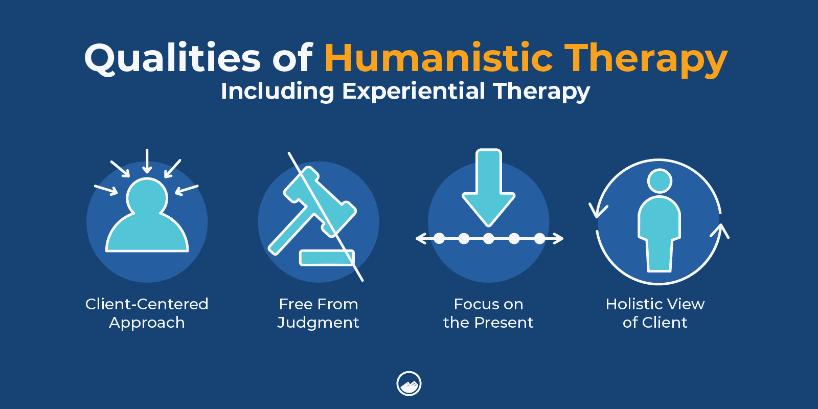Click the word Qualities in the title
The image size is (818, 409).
pyautogui.click(x=172, y=58)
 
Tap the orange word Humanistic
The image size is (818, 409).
pyautogui.click(x=439, y=58)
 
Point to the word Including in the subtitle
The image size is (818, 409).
pyautogui.click(x=278, y=92)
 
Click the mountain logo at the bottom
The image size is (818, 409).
pyautogui.click(x=409, y=383)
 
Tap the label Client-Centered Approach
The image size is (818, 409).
pyautogui.click(x=147, y=313)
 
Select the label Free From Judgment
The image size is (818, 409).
pyautogui.click(x=318, y=313)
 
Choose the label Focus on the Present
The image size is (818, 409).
pyautogui.click(x=488, y=313)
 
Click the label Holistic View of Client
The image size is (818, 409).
pyautogui.click(x=655, y=313)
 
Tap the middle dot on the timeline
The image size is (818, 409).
pyautogui.click(x=489, y=239)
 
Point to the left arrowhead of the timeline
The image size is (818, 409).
pyautogui.click(x=421, y=239)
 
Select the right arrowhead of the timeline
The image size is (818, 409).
pyautogui.click(x=558, y=239)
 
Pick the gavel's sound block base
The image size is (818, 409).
pyautogui.click(x=327, y=258)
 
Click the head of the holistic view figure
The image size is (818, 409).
pyautogui.click(x=660, y=181)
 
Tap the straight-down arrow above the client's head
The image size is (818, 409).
pyautogui.click(x=147, y=161)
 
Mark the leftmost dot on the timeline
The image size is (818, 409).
pyautogui.click(x=439, y=239)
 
